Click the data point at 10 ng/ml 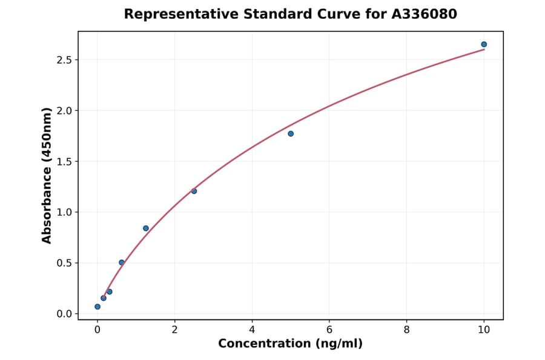click(484, 44)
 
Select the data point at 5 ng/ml click(291, 133)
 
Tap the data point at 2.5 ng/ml click(194, 191)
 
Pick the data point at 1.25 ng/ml click(146, 228)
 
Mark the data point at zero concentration click(97, 307)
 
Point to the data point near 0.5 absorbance click(122, 262)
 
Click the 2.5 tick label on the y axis click(65, 60)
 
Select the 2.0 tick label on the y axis click(65, 111)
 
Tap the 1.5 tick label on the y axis click(65, 162)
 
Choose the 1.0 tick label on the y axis click(65, 212)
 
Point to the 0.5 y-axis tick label click(65, 263)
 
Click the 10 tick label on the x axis click(484, 330)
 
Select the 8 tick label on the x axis click(406, 330)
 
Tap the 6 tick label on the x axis click(329, 330)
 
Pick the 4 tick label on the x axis click(252, 330)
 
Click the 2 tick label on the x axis click(174, 330)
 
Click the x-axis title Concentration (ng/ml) click(290, 344)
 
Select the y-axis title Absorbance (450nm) click(47, 175)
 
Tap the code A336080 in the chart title click(421, 14)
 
